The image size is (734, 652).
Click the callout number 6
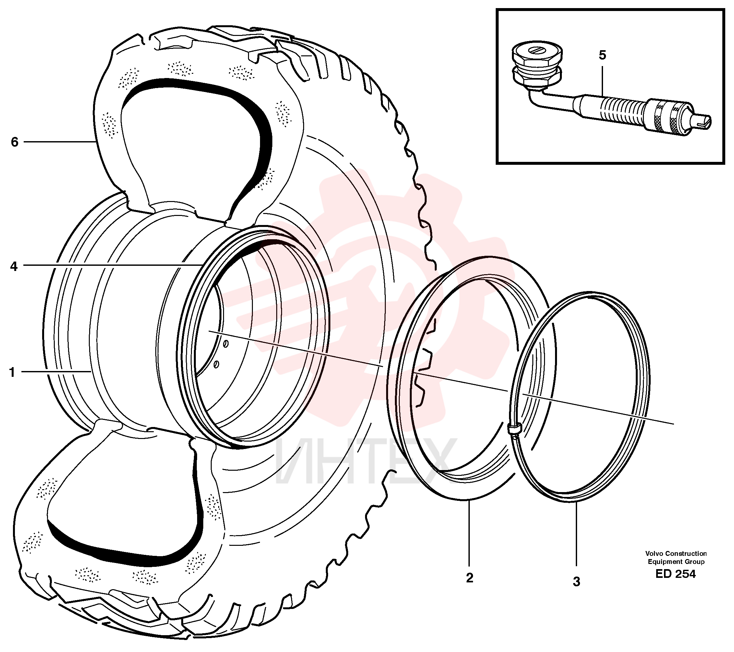[14, 142]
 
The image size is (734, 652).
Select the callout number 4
[14, 266]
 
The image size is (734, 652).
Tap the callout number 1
[12, 373]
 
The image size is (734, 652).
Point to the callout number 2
[470, 578]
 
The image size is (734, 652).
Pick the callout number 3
[576, 582]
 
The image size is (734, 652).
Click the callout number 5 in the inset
[602, 55]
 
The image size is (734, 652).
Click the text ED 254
[675, 574]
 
